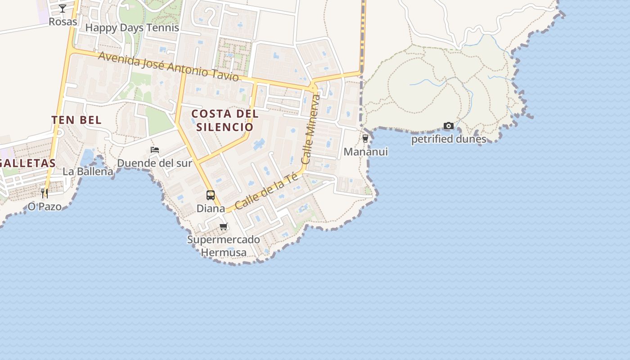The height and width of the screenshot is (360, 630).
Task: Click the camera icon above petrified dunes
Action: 448,126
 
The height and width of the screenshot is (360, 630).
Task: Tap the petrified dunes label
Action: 449,139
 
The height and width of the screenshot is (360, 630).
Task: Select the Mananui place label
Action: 365,152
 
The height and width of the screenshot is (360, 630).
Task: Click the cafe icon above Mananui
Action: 365,138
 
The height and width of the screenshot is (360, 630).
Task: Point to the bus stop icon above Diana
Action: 211,195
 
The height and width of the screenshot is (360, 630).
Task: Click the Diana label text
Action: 211,209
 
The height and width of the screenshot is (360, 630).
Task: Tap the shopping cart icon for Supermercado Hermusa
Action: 224,226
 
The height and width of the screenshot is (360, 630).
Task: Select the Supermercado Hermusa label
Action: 224,246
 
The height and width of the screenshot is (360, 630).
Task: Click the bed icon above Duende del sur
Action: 155,150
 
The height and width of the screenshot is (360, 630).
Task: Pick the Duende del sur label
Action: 154,163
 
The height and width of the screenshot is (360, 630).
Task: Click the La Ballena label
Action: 88,171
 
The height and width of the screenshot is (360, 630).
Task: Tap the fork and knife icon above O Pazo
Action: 45,193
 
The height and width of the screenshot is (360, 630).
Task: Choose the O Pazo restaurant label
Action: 45,207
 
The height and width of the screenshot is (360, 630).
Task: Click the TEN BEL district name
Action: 76,120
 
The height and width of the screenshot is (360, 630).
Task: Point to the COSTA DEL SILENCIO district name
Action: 225,120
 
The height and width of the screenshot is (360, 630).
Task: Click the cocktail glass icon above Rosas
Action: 63,8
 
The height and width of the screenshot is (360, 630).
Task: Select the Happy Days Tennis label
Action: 132,27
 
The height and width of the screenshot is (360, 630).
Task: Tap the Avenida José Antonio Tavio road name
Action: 168,66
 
